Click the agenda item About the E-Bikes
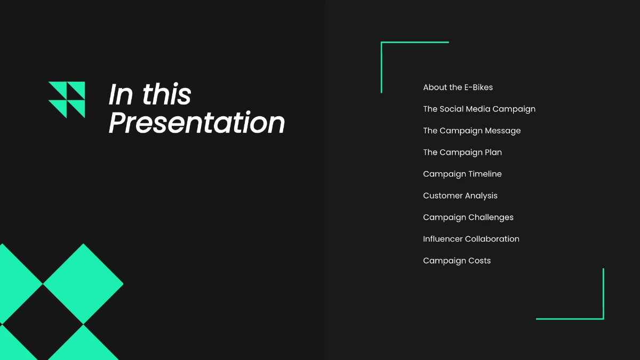coord(458,87)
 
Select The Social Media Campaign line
coord(479,109)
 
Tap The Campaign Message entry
coord(471,131)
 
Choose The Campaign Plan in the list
coord(462,153)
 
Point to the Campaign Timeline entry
coord(462,174)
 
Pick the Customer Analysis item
coord(460,196)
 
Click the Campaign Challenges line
coord(468,218)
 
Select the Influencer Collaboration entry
coord(471,239)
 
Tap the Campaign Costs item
coord(457,261)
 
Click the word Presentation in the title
coord(197,123)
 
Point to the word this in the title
coord(166,94)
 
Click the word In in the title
coord(121,94)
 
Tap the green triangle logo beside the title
coord(67,100)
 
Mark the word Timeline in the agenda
coord(485,174)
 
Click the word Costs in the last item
coord(479,261)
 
